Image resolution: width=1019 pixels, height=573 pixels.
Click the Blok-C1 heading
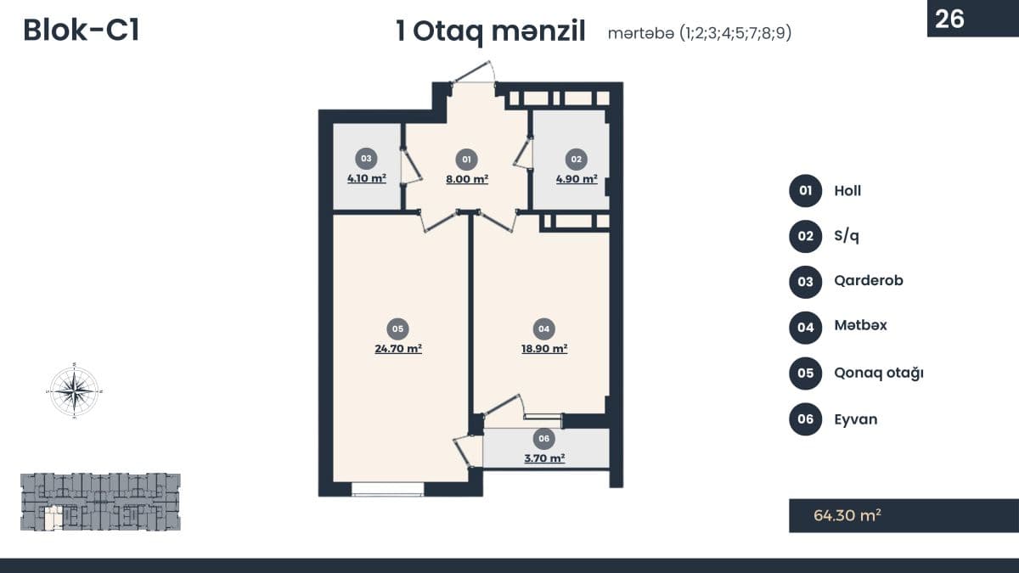pyautogui.click(x=82, y=31)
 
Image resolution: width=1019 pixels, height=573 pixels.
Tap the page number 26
pyautogui.click(x=949, y=19)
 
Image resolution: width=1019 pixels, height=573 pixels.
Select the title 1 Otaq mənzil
pyautogui.click(x=491, y=32)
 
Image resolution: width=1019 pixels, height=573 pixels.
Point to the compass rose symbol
pyautogui.click(x=75, y=391)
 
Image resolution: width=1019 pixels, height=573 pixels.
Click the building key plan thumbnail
pyautogui.click(x=100, y=502)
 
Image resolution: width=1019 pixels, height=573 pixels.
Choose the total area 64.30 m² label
pyautogui.click(x=847, y=514)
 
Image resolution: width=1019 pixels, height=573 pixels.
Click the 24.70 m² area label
pyautogui.click(x=398, y=348)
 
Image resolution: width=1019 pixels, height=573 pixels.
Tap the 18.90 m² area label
pyautogui.click(x=543, y=348)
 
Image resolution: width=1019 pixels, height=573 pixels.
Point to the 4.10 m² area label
pyautogui.click(x=366, y=179)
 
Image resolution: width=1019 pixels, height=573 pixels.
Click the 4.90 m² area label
pyautogui.click(x=576, y=179)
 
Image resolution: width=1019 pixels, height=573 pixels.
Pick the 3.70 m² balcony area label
pyautogui.click(x=544, y=458)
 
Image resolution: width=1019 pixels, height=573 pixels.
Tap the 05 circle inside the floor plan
pyautogui.click(x=397, y=329)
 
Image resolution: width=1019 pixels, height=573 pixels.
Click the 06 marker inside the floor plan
pyautogui.click(x=544, y=439)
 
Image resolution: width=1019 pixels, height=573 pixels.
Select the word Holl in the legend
pyautogui.click(x=847, y=190)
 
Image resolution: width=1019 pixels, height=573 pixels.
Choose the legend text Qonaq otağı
pyautogui.click(x=878, y=373)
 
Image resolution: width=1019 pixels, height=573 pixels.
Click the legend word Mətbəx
pyautogui.click(x=860, y=325)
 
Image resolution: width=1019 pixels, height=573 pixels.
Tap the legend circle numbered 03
pyautogui.click(x=805, y=281)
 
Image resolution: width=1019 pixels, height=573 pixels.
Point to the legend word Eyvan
pyautogui.click(x=856, y=419)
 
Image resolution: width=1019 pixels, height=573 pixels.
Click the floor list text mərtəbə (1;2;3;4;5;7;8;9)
pyautogui.click(x=700, y=34)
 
